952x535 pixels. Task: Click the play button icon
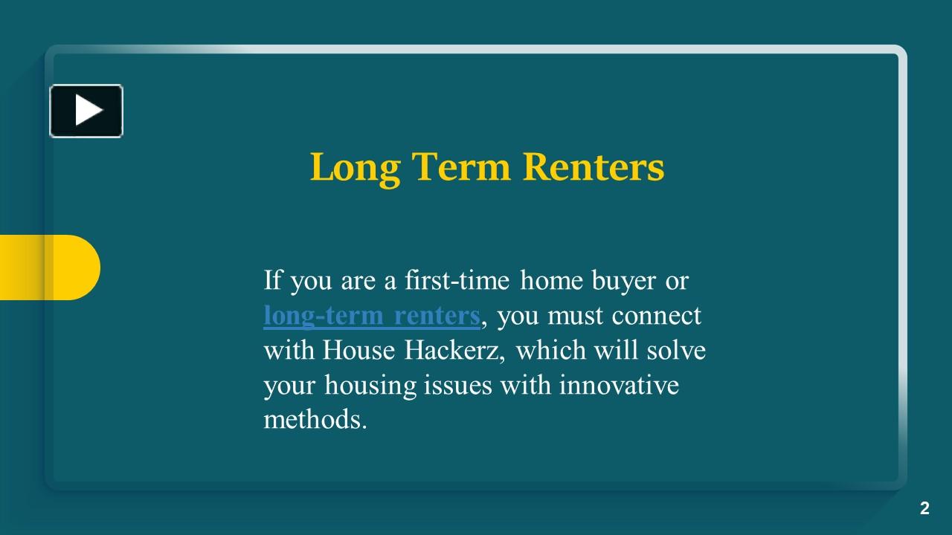pos(86,111)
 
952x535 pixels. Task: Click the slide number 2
pos(924,509)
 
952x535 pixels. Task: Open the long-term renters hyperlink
pos(371,316)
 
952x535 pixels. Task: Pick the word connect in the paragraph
pos(657,316)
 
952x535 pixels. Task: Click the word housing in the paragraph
pos(369,386)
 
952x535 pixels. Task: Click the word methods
pos(315,421)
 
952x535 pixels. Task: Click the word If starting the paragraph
pos(273,281)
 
